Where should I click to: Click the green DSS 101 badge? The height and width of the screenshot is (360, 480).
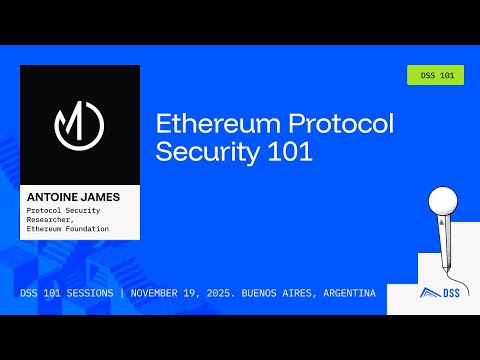tap(436, 75)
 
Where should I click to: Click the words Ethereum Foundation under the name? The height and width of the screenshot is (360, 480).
tap(68, 229)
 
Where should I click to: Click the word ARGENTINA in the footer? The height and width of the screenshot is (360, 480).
tap(350, 294)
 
